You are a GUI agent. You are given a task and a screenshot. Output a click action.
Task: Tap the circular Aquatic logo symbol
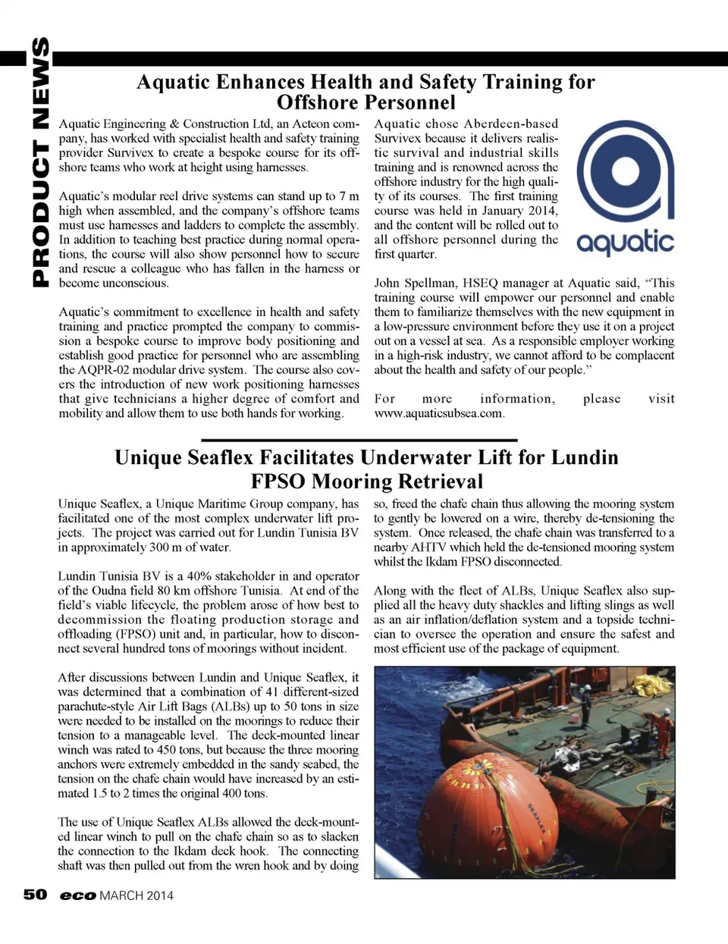[x=625, y=173]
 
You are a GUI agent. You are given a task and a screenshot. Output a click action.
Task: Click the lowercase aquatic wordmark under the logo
[x=625, y=242]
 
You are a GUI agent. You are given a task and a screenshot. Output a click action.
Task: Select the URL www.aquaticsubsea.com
[x=439, y=413]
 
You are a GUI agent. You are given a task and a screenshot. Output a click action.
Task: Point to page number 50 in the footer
[x=35, y=895]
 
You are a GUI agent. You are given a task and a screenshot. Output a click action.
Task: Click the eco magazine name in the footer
[x=78, y=895]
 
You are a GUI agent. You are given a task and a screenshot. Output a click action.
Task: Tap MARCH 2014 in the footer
[x=136, y=895]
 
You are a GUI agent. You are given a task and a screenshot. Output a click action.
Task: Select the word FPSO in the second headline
[x=278, y=481]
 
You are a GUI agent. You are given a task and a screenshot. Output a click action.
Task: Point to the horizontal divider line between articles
[x=359, y=440]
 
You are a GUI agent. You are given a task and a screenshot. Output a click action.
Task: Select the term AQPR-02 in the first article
[x=100, y=370]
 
